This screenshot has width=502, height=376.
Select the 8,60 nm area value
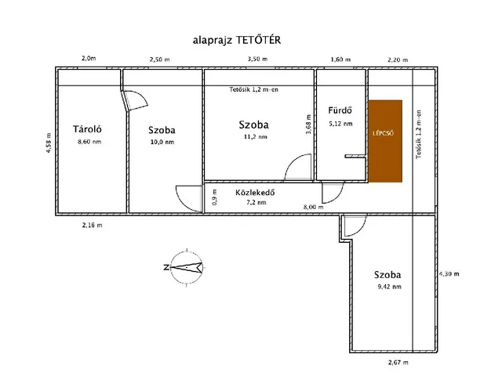click(x=89, y=143)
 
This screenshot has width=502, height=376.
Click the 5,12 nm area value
click(x=340, y=124)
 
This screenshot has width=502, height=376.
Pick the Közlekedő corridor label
click(x=255, y=191)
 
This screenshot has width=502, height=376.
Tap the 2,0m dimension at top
click(x=89, y=59)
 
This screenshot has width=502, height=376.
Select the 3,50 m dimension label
click(x=256, y=60)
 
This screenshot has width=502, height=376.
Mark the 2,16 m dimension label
click(x=93, y=226)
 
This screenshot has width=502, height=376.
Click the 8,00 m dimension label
click(x=314, y=208)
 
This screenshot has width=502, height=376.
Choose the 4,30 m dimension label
click(x=449, y=273)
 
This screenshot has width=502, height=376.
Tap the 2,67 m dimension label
click(x=400, y=363)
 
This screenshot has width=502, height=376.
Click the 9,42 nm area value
click(x=388, y=287)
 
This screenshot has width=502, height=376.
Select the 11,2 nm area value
click(x=254, y=137)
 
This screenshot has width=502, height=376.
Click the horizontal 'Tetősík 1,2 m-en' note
click(x=253, y=89)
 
